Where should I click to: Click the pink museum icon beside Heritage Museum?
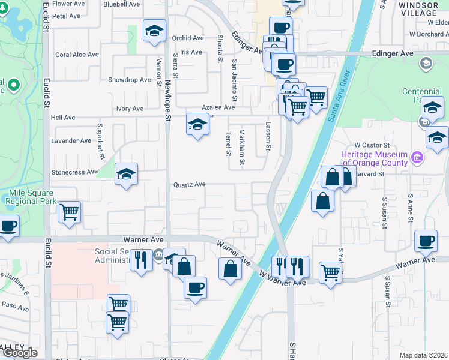tap(418, 158)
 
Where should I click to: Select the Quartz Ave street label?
tap(190, 184)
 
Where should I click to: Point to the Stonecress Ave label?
tap(75, 172)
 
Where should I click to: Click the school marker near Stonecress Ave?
tap(126, 175)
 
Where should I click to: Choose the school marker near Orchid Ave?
tap(155, 31)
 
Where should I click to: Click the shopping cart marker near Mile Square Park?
tap(70, 211)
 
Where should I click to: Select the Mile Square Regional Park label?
tap(32, 197)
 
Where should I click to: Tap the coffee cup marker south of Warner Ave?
tap(195, 288)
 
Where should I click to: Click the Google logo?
tap(19, 353)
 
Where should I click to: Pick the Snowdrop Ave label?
tap(129, 79)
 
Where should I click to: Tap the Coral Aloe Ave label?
tap(77, 55)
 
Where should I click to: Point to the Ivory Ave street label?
tap(130, 109)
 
